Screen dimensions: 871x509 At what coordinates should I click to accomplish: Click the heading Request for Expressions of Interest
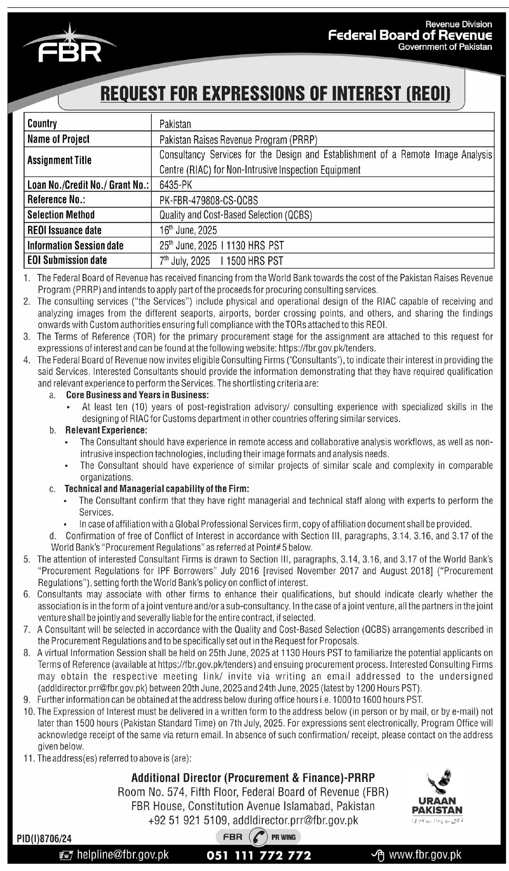coord(275,94)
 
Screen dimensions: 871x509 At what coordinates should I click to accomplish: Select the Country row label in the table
coord(42,124)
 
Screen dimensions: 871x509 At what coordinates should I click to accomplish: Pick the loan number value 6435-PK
coord(176,185)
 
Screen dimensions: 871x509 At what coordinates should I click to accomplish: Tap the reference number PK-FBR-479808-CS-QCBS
coord(209,200)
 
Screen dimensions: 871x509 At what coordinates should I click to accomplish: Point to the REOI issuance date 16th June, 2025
coord(188,230)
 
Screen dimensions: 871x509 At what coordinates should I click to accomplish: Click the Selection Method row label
coord(61,215)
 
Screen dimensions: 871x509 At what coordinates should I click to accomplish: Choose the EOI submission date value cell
coord(221,261)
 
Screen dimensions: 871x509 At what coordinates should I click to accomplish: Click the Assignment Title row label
coord(59,161)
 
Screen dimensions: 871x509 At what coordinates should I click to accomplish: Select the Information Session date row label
coord(75,245)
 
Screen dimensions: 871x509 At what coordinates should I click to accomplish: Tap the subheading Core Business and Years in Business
coord(137,395)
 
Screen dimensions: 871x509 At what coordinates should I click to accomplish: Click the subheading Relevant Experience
coord(106,430)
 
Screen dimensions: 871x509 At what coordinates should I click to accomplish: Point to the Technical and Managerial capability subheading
coord(157,489)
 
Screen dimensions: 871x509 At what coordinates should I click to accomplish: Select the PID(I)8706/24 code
coord(44,839)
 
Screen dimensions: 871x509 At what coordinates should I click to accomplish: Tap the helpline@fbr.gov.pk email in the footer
coord(123,855)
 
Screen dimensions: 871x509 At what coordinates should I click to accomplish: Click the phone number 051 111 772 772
coord(259,855)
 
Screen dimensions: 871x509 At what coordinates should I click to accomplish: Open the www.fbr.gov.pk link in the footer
coord(425,855)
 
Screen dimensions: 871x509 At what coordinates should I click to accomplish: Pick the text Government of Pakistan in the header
coord(445,47)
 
